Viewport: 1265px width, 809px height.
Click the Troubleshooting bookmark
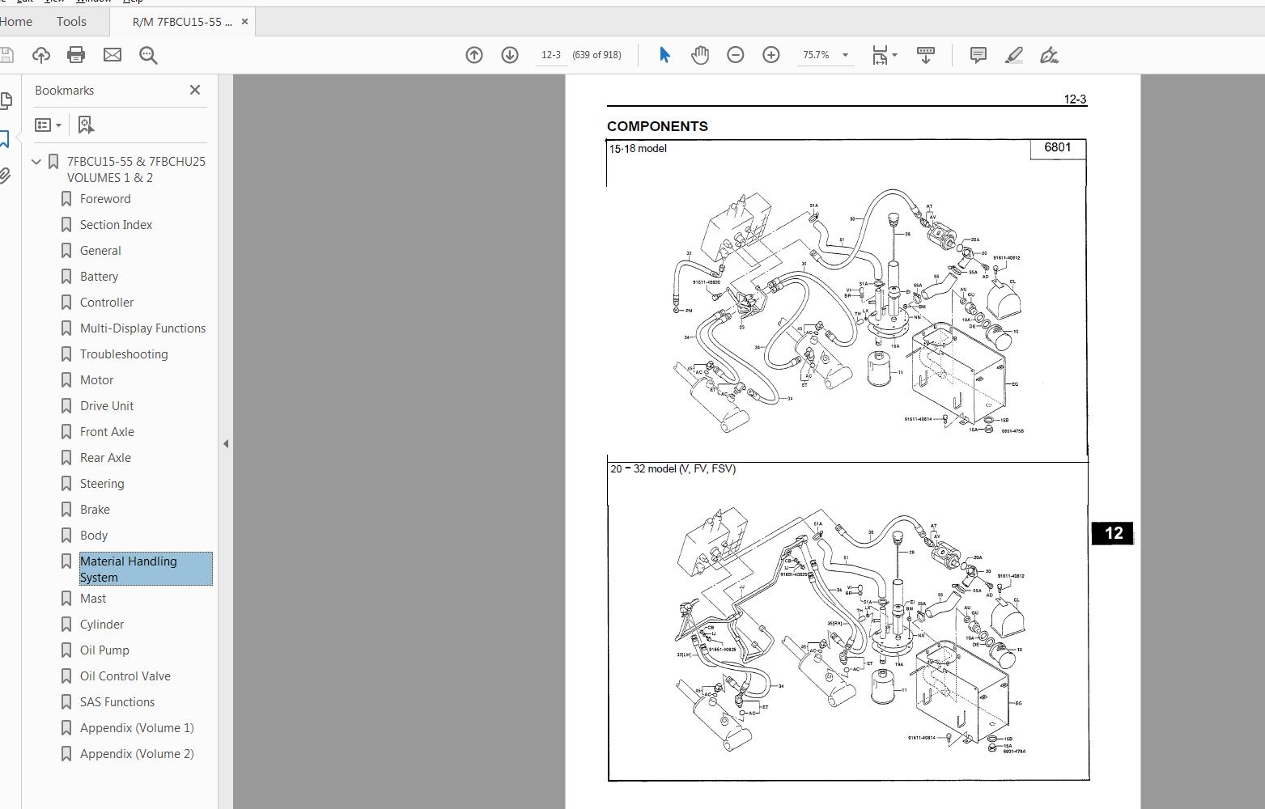(x=123, y=354)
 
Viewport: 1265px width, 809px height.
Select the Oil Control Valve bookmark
(x=125, y=676)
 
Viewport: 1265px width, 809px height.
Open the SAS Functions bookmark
(x=117, y=702)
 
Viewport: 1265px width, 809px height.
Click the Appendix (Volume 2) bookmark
(x=136, y=754)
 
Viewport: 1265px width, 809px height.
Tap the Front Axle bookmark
(x=107, y=432)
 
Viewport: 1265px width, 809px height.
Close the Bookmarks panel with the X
(x=195, y=90)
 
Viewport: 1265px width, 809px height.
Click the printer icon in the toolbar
(x=76, y=55)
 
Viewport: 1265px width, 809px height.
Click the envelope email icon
(x=112, y=55)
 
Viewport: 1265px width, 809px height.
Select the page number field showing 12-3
(x=551, y=55)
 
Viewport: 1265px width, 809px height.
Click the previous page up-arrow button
(x=474, y=55)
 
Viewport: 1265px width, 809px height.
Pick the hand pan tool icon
(x=700, y=55)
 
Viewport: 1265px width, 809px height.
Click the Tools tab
(x=71, y=22)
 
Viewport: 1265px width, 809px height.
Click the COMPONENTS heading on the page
(x=657, y=126)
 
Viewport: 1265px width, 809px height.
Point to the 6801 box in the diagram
(x=1057, y=148)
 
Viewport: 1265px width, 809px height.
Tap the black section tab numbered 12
(x=1113, y=533)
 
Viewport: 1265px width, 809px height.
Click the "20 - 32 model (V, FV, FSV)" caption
(x=673, y=469)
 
